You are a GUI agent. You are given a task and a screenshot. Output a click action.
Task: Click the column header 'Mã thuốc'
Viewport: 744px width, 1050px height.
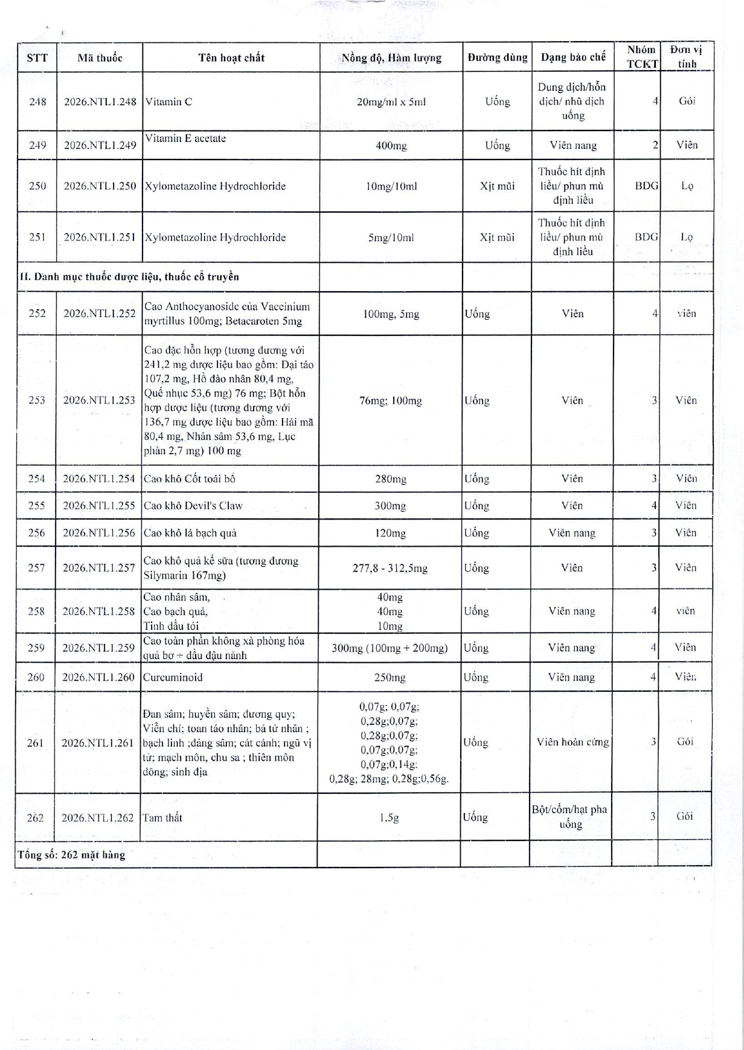click(100, 58)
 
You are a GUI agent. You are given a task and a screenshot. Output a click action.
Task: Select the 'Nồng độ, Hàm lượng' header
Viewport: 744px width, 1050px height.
click(391, 58)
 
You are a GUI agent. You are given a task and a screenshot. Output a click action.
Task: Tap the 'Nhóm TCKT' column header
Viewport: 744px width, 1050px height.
click(641, 57)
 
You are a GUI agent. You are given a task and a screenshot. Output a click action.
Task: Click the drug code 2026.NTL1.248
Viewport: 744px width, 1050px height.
click(100, 101)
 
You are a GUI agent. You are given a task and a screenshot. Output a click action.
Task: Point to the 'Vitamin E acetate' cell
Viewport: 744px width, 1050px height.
click(185, 138)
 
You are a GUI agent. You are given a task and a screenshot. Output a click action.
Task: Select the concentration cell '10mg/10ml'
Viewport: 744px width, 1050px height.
click(391, 186)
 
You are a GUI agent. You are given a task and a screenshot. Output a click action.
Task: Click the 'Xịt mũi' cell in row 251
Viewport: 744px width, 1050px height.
click(497, 237)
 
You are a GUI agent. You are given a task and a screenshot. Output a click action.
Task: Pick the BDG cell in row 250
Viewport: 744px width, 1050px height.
click(646, 186)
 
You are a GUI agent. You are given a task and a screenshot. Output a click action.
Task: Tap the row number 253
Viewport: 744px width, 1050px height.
click(37, 400)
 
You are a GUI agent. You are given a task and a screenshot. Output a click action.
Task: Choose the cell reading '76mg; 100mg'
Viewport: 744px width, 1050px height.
click(391, 401)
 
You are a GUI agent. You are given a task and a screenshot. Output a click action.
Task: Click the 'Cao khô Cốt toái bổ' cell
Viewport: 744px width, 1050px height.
click(190, 479)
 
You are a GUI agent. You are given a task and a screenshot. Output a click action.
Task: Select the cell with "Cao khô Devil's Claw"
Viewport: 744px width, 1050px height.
click(193, 506)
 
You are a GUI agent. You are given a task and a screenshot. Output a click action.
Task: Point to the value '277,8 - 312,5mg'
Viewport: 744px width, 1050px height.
click(390, 568)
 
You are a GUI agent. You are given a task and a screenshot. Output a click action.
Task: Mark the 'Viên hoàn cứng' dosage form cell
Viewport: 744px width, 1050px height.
click(572, 742)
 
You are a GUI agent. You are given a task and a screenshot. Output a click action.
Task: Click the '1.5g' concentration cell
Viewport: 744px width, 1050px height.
click(390, 818)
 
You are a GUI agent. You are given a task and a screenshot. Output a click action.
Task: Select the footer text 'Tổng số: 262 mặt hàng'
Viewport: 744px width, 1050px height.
click(72, 855)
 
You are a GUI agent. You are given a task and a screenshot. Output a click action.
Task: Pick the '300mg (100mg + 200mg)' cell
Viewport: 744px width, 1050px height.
click(390, 648)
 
